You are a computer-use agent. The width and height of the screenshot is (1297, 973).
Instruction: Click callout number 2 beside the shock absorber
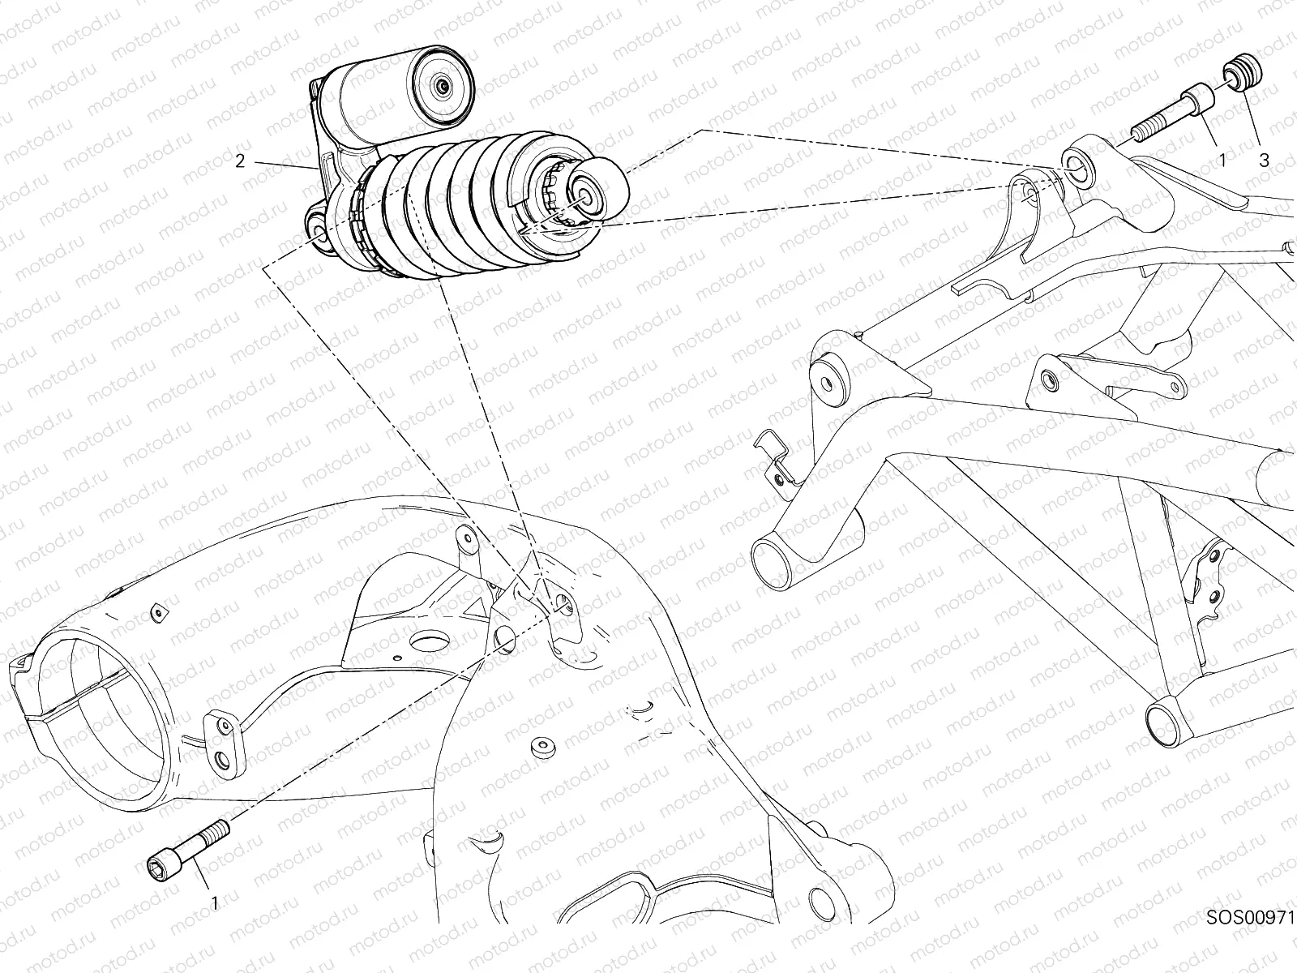pos(240,161)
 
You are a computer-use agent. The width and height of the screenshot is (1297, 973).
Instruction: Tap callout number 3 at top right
pos(1264,161)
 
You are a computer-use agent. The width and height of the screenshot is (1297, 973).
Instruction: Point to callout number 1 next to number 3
pos(1223,161)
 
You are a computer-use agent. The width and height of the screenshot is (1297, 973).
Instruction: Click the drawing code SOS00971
pos(1250,939)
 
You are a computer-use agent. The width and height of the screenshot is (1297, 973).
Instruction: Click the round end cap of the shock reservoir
pos(442,87)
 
